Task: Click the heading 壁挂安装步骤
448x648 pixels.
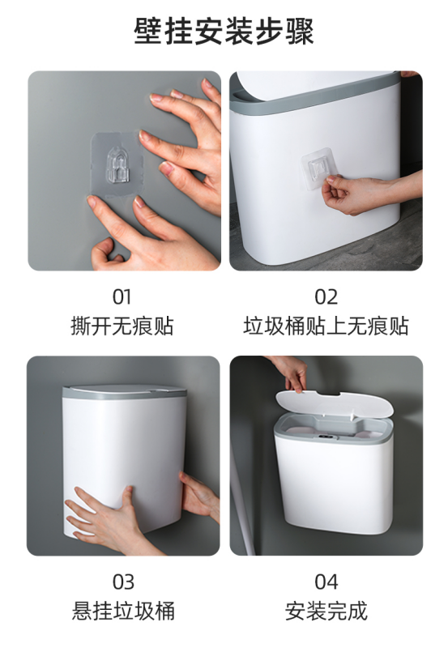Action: (x=224, y=32)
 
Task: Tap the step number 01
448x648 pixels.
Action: (x=122, y=296)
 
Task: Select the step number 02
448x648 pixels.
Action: (x=326, y=296)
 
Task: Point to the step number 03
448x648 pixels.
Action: (x=123, y=582)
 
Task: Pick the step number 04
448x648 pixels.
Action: (x=326, y=582)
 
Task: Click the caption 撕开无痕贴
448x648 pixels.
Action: (x=122, y=326)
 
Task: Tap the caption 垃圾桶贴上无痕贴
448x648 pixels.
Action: (x=326, y=326)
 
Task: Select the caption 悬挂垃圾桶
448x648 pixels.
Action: (x=123, y=611)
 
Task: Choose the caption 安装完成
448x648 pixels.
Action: (x=326, y=611)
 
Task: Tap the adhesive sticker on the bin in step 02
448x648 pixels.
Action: (x=319, y=168)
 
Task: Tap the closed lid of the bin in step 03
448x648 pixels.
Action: (x=124, y=390)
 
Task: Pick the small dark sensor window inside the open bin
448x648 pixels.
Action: (x=326, y=437)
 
